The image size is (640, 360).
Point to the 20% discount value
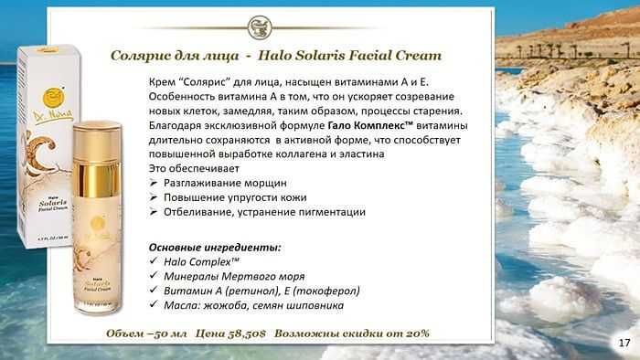pos(417,334)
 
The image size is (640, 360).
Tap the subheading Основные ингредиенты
pos(215,248)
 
